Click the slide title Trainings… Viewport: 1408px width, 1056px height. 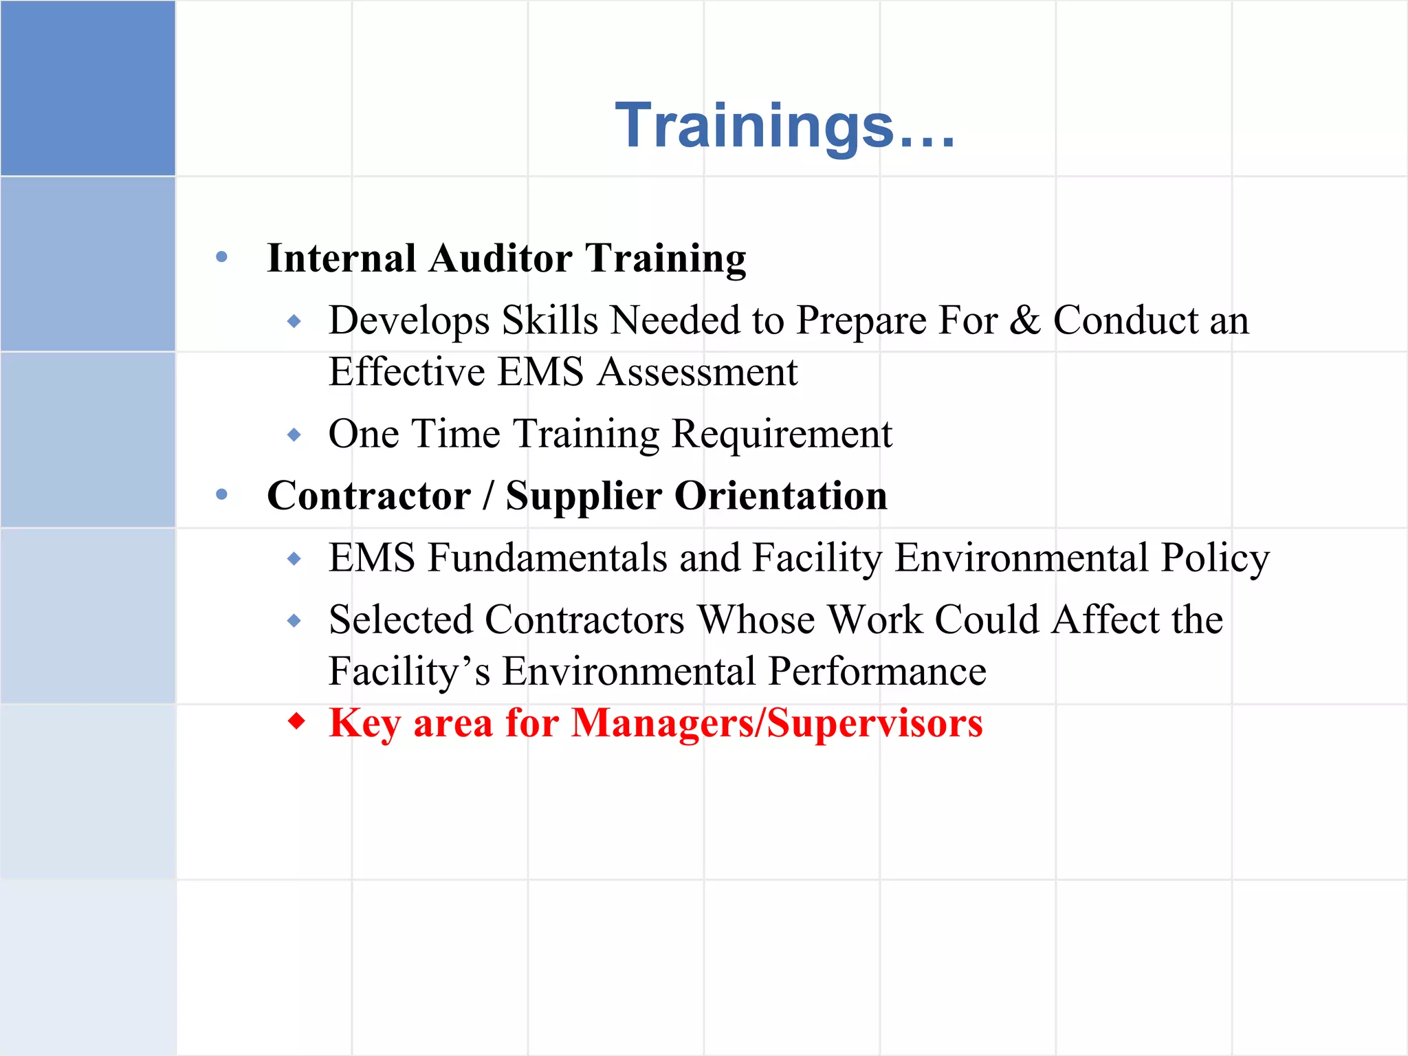[784, 125]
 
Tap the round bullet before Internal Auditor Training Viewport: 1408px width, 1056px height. [221, 257]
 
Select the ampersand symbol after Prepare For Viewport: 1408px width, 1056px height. [1025, 320]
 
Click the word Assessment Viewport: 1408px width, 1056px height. [697, 372]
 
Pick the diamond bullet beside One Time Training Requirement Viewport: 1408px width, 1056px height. [294, 434]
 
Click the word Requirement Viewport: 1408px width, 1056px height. [782, 434]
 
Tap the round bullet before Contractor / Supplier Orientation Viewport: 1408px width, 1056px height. [221, 494]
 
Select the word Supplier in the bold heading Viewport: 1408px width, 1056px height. [584, 496]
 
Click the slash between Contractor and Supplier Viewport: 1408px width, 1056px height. [488, 496]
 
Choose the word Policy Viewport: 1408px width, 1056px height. [1215, 558]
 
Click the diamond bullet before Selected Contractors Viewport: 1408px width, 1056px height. [294, 621]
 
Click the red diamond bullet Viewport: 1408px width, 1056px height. [296, 721]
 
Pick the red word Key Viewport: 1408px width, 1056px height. [364, 724]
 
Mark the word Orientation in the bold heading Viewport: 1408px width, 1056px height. [780, 496]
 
